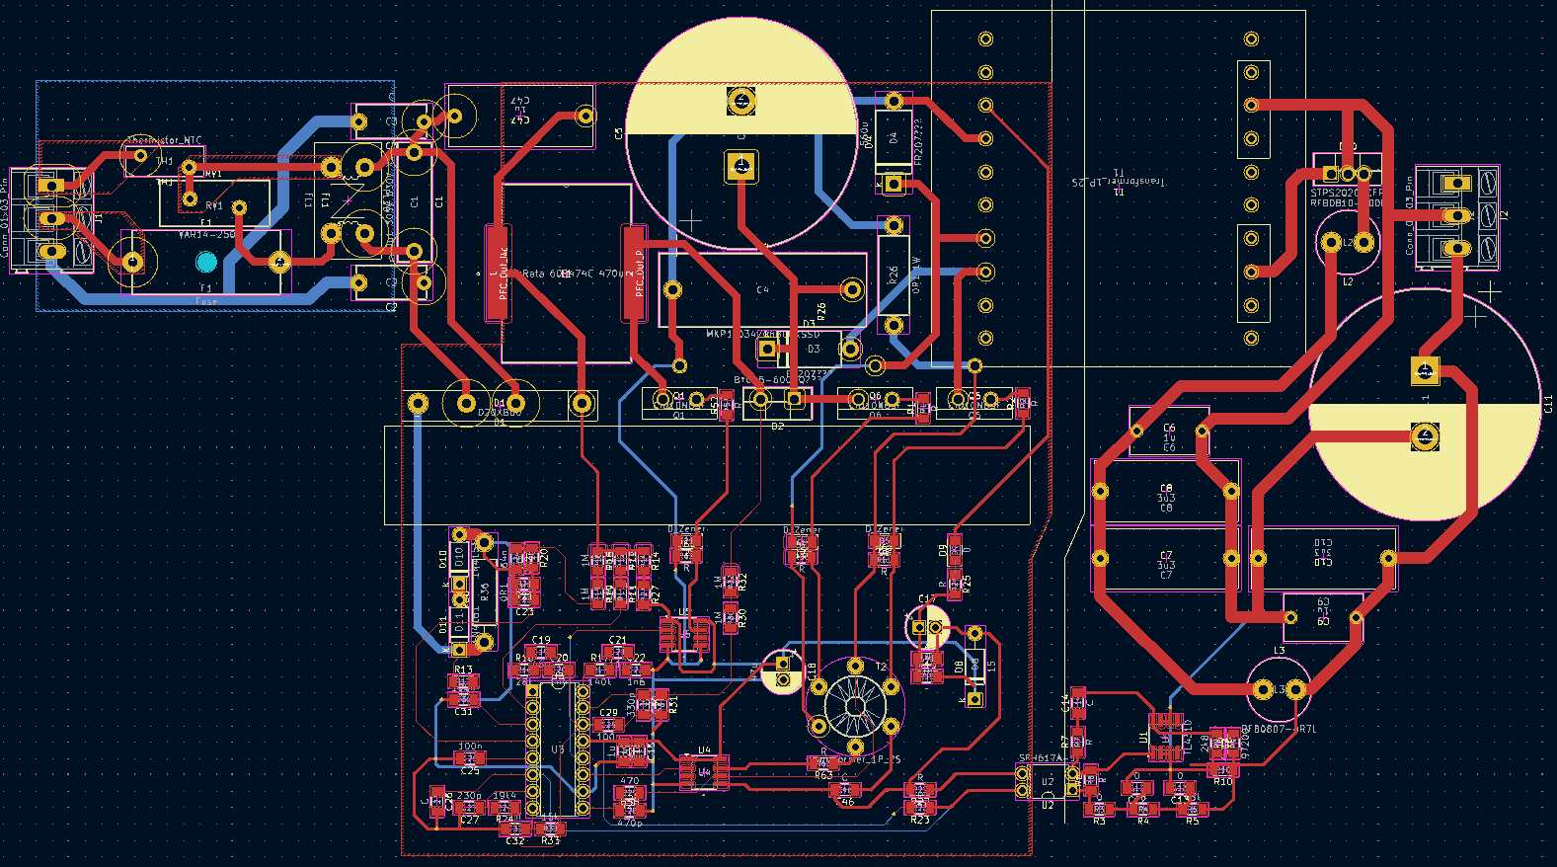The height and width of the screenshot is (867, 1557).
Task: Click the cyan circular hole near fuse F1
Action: click(205, 262)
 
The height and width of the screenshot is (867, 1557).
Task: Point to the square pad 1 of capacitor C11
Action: click(1424, 371)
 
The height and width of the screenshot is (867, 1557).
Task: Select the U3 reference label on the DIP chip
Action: click(558, 749)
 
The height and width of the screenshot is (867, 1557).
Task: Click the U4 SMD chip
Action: click(704, 771)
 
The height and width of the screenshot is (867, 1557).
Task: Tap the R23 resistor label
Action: click(920, 820)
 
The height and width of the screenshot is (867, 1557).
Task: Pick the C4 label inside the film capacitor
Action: click(762, 289)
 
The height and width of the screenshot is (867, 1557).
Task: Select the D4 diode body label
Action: click(894, 138)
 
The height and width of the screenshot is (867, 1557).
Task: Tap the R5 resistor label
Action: click(1193, 821)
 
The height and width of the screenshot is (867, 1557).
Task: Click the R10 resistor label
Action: click(1223, 781)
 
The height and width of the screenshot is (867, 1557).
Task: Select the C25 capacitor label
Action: click(470, 769)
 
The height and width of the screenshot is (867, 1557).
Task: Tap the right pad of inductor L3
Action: click(1296, 690)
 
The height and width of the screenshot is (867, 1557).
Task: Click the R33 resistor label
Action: click(551, 840)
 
